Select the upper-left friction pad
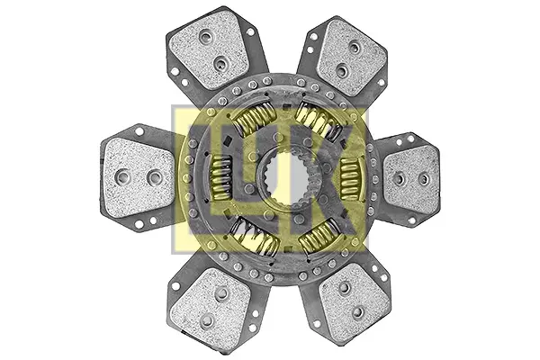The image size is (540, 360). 209,49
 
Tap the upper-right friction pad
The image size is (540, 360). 351,58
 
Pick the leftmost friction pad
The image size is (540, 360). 139,178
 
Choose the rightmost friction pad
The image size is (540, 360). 411,180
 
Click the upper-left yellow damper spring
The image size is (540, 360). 254,116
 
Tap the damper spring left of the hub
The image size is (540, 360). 221,178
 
